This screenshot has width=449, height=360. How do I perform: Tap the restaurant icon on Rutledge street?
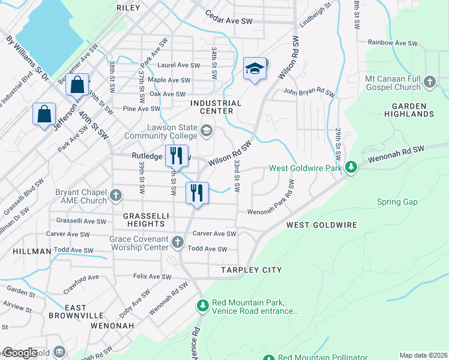(176, 156)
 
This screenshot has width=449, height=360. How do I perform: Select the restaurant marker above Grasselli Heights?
(197, 193)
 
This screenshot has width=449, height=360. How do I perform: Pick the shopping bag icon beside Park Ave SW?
(44, 114)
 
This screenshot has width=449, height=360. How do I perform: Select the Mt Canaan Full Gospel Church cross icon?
(429, 82)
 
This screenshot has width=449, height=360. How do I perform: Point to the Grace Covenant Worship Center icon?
(177, 242)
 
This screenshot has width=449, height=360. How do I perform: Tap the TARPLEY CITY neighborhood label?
(250, 270)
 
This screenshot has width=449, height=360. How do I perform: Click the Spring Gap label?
(397, 202)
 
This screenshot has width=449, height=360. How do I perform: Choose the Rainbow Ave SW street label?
(393, 43)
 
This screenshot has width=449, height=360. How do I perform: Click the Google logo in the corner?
(20, 353)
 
